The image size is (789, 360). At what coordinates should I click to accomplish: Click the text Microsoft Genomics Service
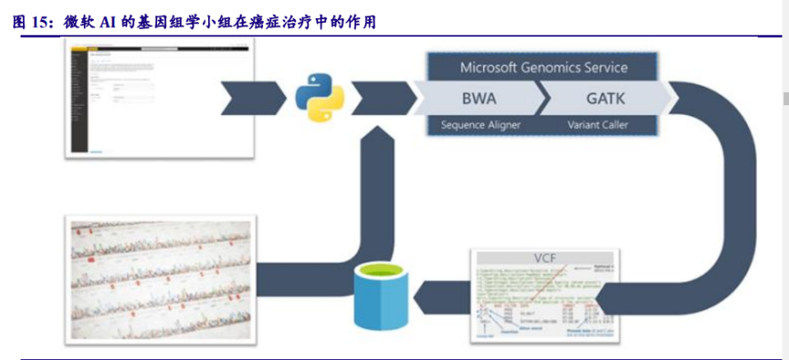click(x=543, y=67)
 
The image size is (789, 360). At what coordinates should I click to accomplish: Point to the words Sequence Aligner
click(x=474, y=125)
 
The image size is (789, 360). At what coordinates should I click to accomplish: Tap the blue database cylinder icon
click(x=381, y=297)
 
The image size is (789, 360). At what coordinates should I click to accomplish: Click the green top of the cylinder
click(x=381, y=274)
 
